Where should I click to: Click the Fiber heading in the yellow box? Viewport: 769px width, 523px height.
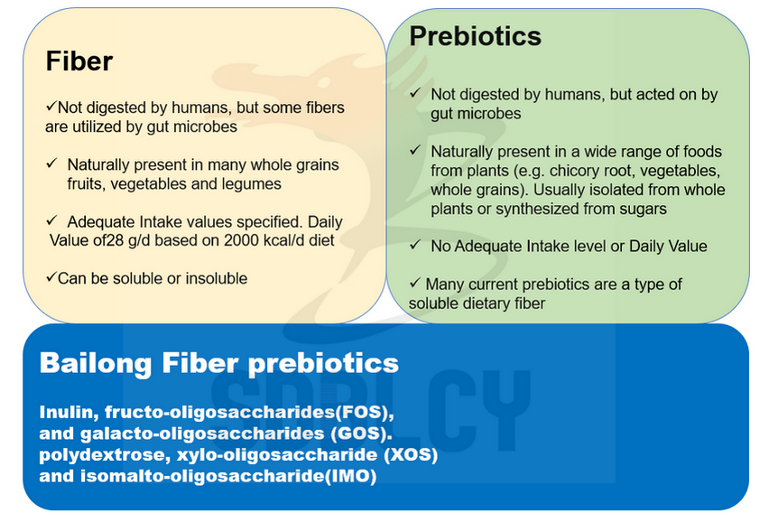click(79, 61)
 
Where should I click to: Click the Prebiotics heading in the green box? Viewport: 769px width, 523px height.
click(476, 36)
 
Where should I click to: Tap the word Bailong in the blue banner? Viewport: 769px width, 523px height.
click(96, 363)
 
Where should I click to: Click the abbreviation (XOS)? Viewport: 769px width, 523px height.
click(411, 454)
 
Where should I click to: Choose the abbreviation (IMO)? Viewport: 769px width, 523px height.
click(351, 476)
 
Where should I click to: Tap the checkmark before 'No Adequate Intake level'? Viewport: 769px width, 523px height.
click(415, 244)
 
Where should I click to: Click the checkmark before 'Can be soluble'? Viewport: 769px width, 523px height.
click(51, 277)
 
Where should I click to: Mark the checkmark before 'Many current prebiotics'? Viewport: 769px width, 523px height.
click(415, 282)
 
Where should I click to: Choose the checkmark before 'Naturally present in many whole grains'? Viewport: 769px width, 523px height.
click(52, 163)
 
